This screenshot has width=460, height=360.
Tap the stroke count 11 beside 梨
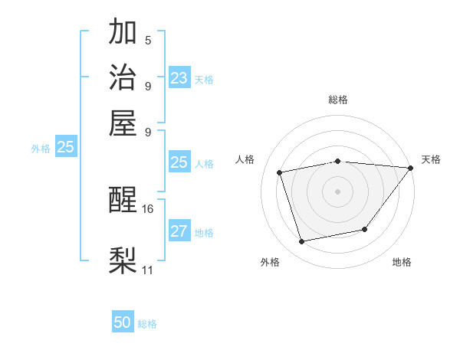pyautogui.click(x=148, y=270)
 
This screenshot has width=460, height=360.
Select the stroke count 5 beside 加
pyautogui.click(x=148, y=40)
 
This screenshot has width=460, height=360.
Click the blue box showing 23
pyautogui.click(x=179, y=78)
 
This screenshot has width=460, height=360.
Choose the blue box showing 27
pyautogui.click(x=179, y=231)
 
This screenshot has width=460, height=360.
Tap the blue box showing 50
pyautogui.click(x=123, y=323)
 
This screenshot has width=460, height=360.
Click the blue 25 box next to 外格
pyautogui.click(x=65, y=148)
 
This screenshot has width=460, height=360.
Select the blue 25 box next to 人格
pyautogui.click(x=179, y=162)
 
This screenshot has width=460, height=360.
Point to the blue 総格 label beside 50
pyautogui.click(x=147, y=324)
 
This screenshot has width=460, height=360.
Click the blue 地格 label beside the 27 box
pyautogui.click(x=204, y=233)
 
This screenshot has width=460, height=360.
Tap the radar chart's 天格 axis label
pyautogui.click(x=431, y=159)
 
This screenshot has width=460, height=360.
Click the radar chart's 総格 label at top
pyautogui.click(x=338, y=100)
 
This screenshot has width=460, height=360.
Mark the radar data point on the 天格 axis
pyautogui.click(x=410, y=168)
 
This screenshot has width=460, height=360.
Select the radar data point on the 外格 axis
pyautogui.click(x=302, y=241)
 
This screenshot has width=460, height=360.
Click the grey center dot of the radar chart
pyautogui.click(x=337, y=191)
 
